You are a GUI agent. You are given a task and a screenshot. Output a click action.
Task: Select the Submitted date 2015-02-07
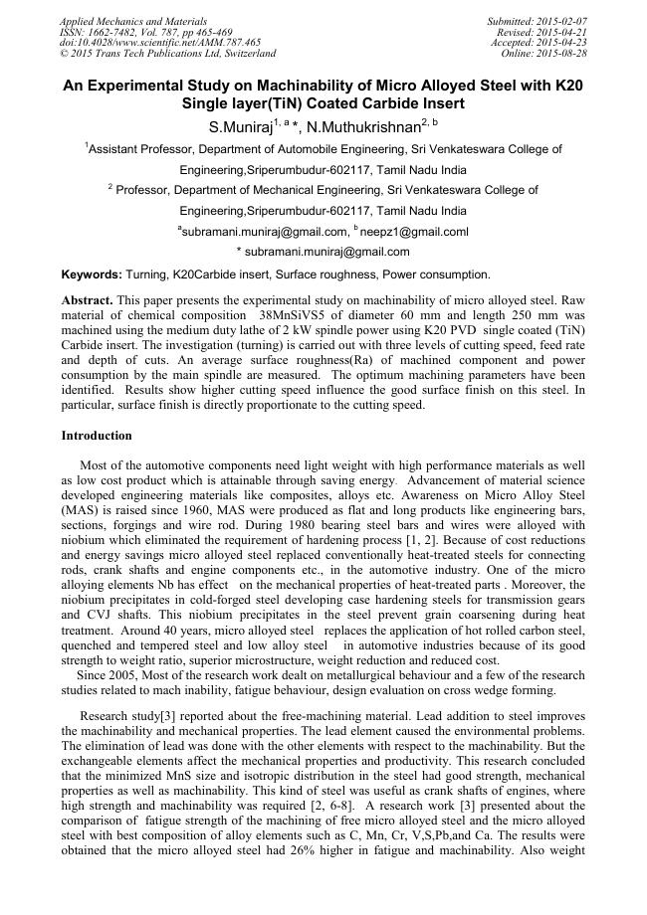tap(562, 21)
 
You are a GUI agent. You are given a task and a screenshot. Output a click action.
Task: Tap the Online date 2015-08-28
tap(562, 53)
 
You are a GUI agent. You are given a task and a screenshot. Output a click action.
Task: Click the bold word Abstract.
tap(87, 299)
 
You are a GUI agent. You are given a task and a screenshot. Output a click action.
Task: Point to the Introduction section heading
tap(97, 436)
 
